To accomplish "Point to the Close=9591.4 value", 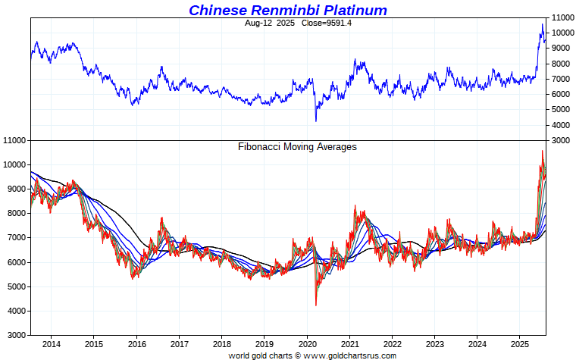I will pos(327,23).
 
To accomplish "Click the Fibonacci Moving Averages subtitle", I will pos(297,147).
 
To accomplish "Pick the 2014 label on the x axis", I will pos(51,346).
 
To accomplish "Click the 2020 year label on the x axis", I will pos(306,346).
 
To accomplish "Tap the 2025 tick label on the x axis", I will pos(519,346).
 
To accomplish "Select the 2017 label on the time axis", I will pos(179,346).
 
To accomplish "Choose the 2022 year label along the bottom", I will pos(392,346).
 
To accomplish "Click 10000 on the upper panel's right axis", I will pos(561,33).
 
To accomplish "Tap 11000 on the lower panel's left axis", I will pos(15,141).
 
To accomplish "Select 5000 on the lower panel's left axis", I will pos(17,286).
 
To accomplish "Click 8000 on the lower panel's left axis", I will pos(17,214).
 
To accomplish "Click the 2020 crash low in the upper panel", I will pos(316,121).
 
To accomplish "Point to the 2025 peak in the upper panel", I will pos(542,24).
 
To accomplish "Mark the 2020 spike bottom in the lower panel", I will pos(316,305).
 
